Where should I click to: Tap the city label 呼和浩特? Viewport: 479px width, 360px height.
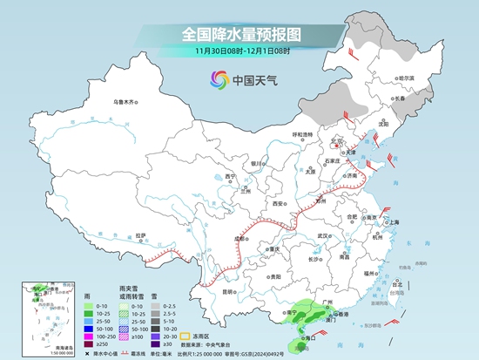(302, 133)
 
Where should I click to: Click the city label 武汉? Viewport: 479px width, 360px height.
(324, 235)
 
